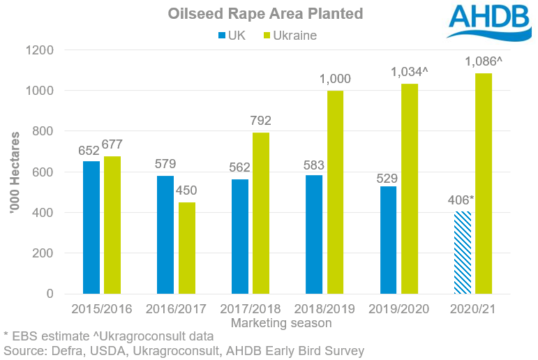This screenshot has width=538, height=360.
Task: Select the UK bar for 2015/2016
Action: click(x=91, y=227)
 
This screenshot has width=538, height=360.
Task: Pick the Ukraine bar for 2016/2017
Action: click(x=187, y=248)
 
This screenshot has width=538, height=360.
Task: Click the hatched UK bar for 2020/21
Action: click(x=463, y=253)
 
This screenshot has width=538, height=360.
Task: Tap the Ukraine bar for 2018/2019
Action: click(x=336, y=192)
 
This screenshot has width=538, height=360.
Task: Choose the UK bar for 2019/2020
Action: click(x=389, y=240)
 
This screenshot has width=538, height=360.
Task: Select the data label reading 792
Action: click(x=262, y=121)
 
